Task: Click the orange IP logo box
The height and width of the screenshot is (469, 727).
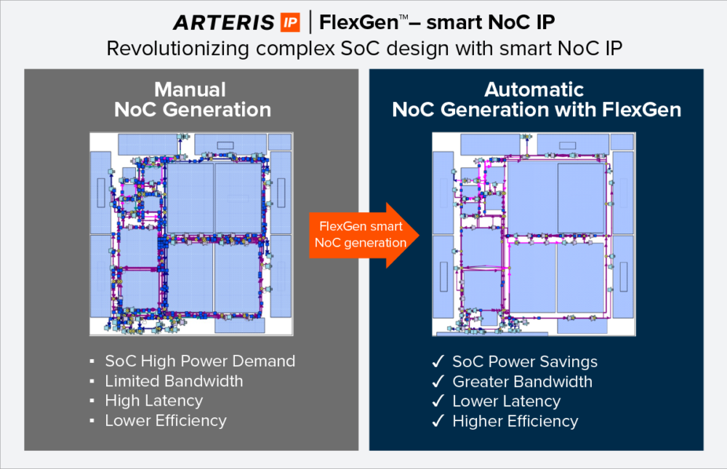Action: (289, 23)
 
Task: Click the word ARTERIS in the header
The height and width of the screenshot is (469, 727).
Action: (224, 23)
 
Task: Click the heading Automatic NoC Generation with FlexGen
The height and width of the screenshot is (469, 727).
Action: (536, 100)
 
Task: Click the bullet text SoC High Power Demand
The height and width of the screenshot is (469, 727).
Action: (200, 361)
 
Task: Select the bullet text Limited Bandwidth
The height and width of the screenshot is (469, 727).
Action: (174, 381)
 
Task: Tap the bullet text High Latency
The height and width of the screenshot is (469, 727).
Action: (153, 401)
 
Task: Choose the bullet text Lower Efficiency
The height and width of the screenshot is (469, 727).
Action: (166, 420)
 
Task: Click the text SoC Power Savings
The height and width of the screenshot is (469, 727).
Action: (525, 362)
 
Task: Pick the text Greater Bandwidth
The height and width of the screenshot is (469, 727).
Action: (522, 382)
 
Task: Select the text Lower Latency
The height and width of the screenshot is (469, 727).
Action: (506, 401)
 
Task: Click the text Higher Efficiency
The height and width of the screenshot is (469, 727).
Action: (515, 421)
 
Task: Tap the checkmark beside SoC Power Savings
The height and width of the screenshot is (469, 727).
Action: (438, 362)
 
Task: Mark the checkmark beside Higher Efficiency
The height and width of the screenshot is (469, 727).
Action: (438, 421)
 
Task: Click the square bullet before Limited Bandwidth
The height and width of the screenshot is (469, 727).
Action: (92, 382)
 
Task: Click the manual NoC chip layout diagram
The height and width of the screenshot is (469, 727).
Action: (190, 234)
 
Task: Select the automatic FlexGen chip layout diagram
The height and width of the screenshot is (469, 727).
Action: (534, 234)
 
